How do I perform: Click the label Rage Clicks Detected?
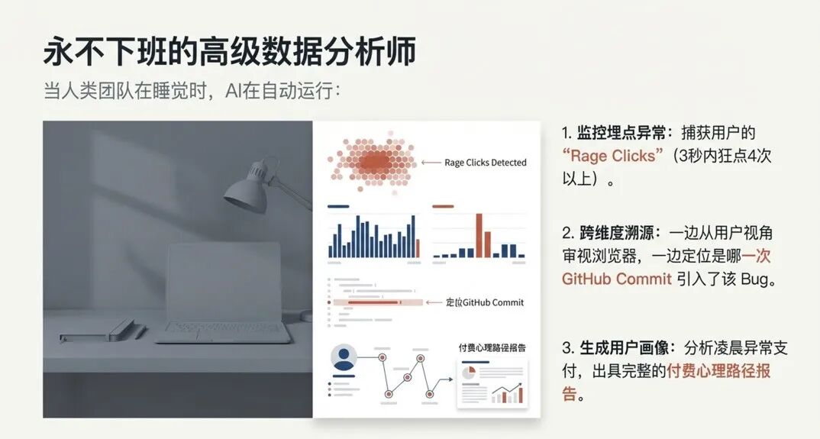(486, 163)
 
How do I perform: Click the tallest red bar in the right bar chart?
(479, 235)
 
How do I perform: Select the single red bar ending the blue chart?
(419, 247)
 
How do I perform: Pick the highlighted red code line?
(374, 302)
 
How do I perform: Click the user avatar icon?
(344, 358)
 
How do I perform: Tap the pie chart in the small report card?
(469, 372)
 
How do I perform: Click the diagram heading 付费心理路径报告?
(492, 347)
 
